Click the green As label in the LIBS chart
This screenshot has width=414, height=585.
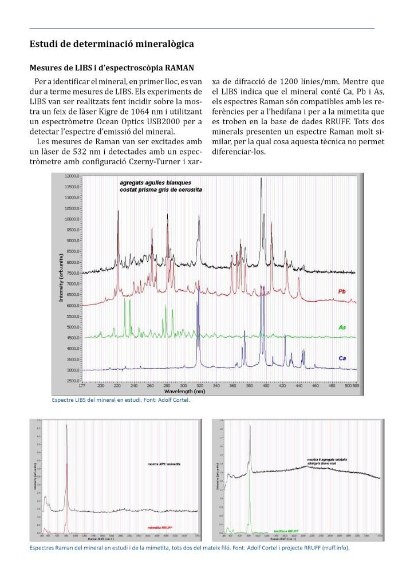tap(342, 327)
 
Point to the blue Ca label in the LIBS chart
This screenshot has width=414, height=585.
tap(342, 358)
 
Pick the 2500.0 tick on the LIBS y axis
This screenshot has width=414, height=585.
tap(71, 381)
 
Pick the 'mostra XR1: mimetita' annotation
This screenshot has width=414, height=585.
tap(164, 463)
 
